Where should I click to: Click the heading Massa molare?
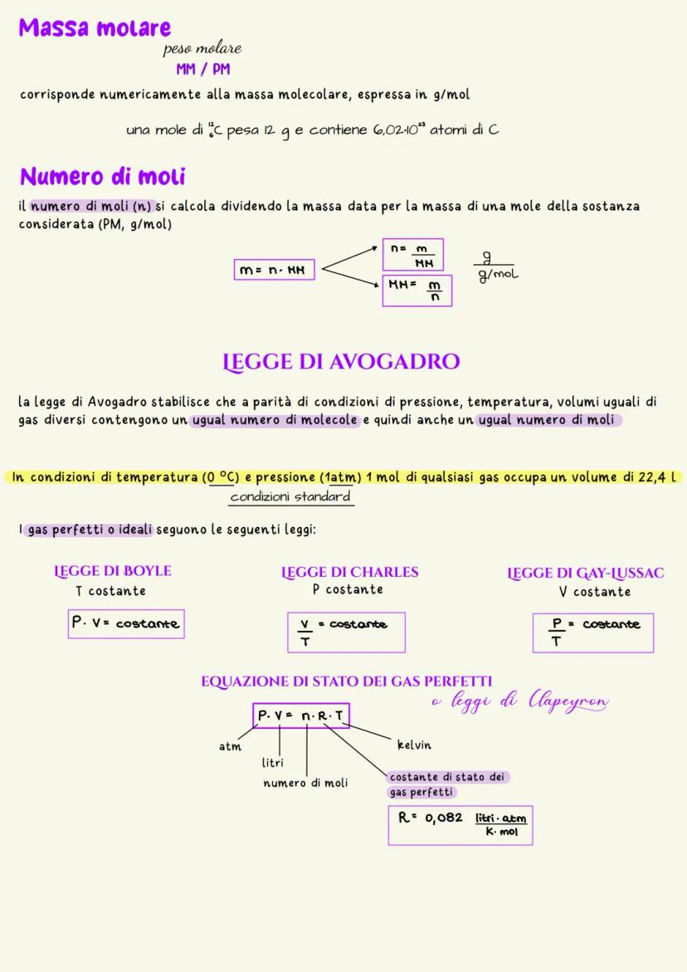point(95,27)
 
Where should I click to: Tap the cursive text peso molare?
point(202,50)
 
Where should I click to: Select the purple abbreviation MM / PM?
point(202,70)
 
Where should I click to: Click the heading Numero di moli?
point(102,177)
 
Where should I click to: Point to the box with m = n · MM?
point(275,271)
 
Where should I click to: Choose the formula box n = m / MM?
point(412,254)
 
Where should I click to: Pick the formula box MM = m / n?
point(417,291)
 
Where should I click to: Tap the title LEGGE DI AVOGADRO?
point(341,362)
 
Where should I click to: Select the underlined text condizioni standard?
point(290,496)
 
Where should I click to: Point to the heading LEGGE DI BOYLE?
point(113,571)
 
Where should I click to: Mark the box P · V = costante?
point(126,623)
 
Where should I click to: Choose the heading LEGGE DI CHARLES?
point(349,572)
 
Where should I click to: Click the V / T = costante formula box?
point(346,633)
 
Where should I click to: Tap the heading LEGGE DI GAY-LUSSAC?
point(585,573)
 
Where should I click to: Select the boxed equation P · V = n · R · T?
point(302,716)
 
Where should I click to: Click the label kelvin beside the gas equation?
point(414,745)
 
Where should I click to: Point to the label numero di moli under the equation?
point(305,783)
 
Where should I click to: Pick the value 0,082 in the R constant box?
point(443,818)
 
